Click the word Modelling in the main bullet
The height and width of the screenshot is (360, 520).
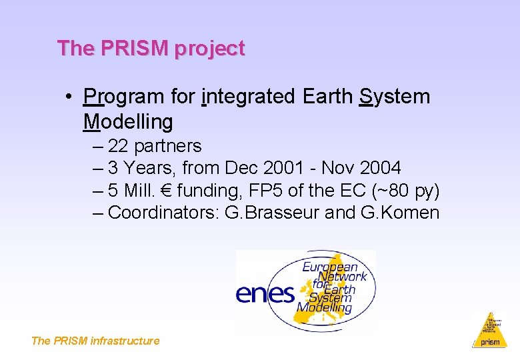point(128,122)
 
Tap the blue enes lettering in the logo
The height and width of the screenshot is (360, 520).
point(265,293)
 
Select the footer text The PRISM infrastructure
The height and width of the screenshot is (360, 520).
point(95,341)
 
